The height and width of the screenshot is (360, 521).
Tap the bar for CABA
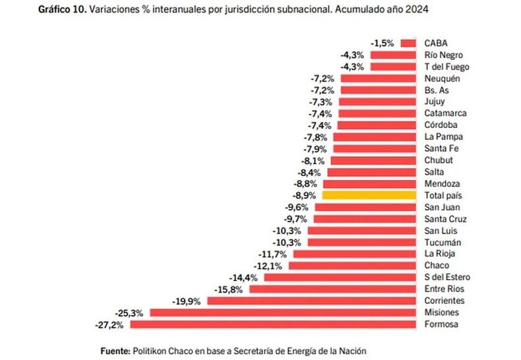coord(408,43)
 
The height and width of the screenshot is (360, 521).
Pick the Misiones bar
coord(284,313)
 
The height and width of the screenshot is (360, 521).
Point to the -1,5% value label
coord(383,43)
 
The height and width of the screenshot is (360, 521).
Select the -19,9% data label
coord(188,301)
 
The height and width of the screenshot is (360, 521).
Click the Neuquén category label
coord(443,78)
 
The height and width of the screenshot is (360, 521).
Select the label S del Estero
coord(447,278)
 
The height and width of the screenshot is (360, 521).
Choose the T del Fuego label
coord(446,67)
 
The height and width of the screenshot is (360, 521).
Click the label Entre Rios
coord(444,289)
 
